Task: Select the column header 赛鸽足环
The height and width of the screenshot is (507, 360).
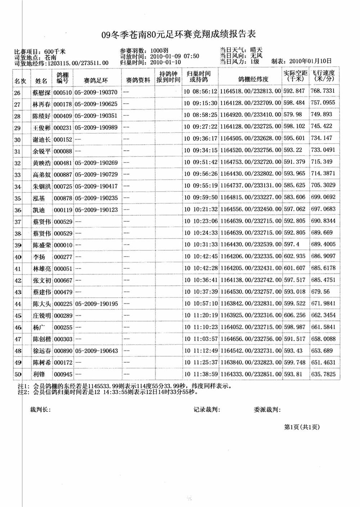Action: click(x=96, y=80)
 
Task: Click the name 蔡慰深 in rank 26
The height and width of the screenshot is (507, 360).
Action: click(x=42, y=92)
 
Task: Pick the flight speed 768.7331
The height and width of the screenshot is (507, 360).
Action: click(x=323, y=91)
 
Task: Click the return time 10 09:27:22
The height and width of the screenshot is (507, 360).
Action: click(x=201, y=127)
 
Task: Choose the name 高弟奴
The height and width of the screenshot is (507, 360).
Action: click(x=42, y=175)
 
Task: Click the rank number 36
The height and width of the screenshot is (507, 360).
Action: click(x=18, y=210)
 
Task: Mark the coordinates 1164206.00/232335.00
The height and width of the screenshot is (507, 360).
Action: click(x=251, y=257)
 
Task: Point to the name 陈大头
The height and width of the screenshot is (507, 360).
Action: click(x=42, y=304)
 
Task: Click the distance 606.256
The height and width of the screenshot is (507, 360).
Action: click(x=294, y=315)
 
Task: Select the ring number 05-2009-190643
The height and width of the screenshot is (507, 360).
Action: click(x=96, y=351)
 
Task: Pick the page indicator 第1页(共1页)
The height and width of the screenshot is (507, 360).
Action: click(x=302, y=427)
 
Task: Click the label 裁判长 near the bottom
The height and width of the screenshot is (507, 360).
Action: click(x=40, y=409)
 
